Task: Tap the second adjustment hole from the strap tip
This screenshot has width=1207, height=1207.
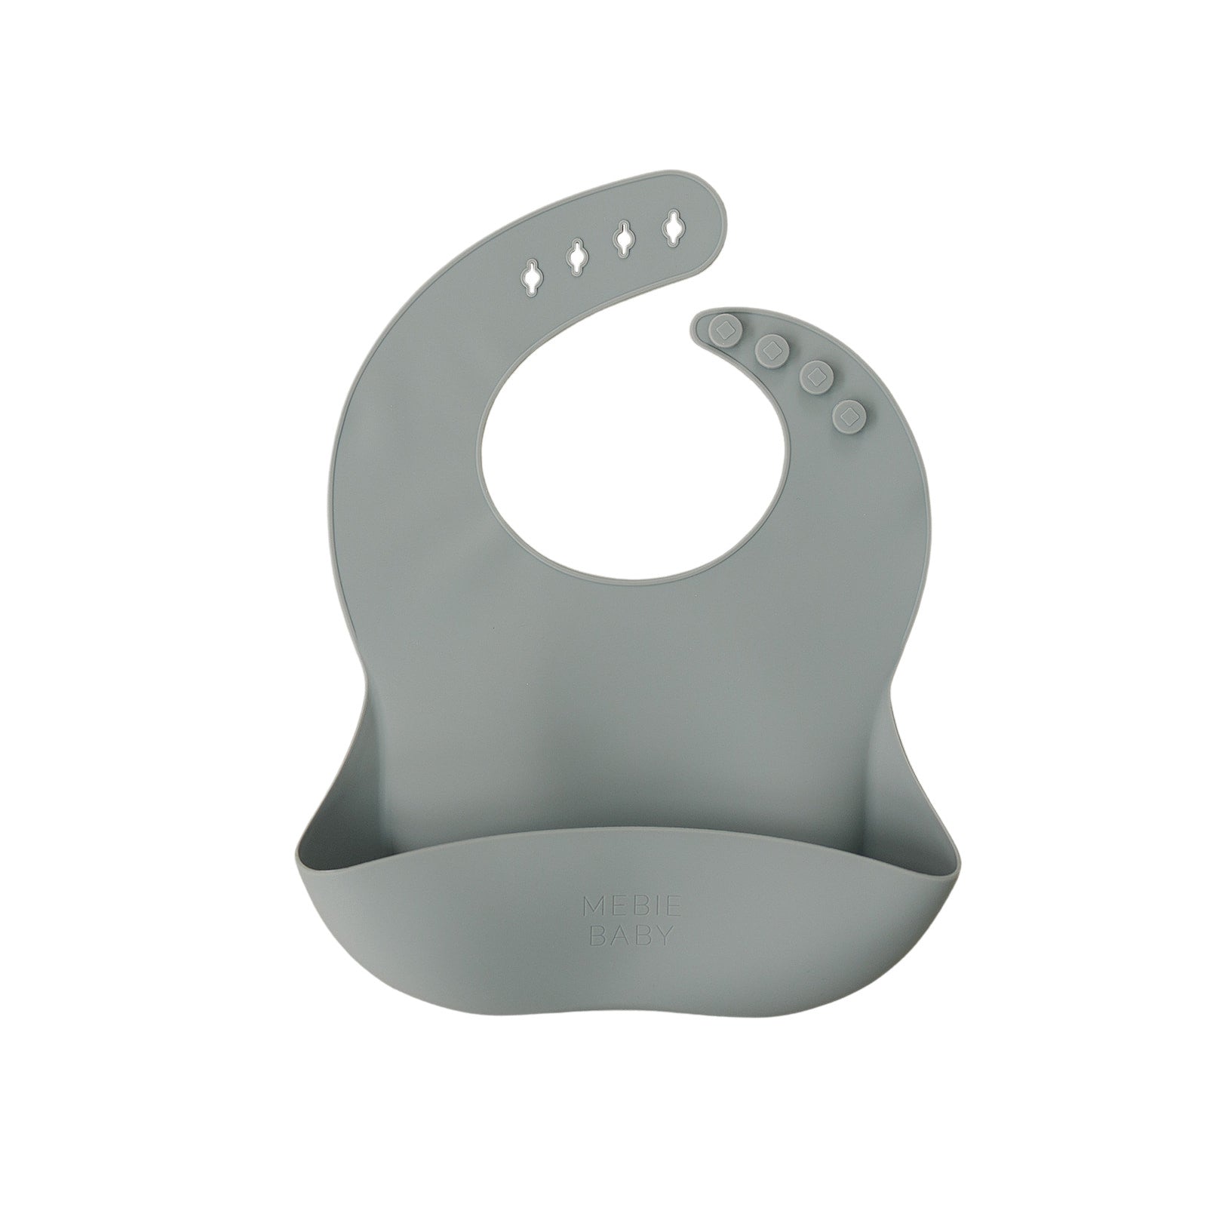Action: [623, 238]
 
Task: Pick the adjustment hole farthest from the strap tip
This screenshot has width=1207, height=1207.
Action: [532, 275]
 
